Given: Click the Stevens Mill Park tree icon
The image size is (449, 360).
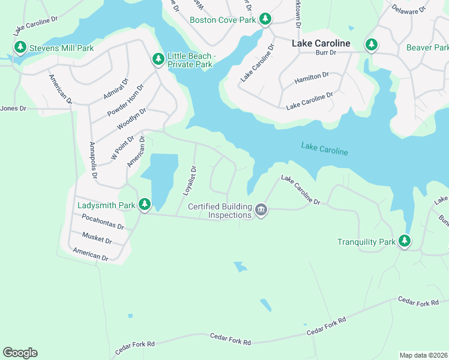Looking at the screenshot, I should [x=20, y=47].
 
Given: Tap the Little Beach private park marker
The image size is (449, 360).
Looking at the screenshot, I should [x=158, y=59].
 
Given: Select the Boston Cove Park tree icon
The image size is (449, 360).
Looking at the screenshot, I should [x=265, y=20].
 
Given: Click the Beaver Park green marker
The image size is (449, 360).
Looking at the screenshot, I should [x=372, y=44].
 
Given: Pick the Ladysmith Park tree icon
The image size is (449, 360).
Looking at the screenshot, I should [x=144, y=205].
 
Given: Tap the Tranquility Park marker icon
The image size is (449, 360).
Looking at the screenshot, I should [x=405, y=241].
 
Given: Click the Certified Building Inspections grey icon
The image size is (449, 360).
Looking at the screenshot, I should [x=261, y=209].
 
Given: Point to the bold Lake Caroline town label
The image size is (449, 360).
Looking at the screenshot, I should [x=321, y=43].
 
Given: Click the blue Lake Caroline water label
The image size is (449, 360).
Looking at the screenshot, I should [x=324, y=149].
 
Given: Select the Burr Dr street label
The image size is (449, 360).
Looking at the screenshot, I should [x=325, y=53].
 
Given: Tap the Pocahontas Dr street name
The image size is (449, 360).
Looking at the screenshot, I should [x=103, y=222].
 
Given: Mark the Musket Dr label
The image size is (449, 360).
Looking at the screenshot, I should [x=97, y=238].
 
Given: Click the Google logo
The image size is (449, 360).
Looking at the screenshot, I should [x=20, y=353].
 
